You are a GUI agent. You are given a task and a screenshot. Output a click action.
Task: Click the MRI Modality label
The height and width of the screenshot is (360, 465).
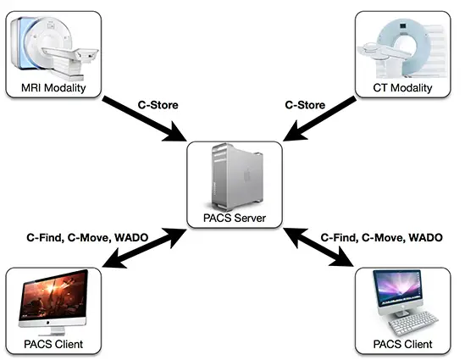click(x=53, y=88)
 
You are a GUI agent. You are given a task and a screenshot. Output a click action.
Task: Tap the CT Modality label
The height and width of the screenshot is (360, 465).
click(x=402, y=88)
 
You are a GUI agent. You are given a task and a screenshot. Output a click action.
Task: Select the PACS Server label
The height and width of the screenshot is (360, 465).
click(x=235, y=218)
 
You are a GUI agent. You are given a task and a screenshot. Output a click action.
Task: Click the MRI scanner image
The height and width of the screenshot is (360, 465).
click(x=54, y=47)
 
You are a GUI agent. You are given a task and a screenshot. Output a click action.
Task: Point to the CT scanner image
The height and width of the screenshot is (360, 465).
click(x=401, y=48)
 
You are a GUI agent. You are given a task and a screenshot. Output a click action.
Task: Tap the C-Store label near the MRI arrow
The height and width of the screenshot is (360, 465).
click(x=158, y=105)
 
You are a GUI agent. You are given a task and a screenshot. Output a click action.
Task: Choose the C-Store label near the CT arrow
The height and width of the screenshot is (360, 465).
click(x=305, y=105)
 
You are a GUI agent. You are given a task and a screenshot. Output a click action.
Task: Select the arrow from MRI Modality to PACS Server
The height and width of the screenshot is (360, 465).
click(x=144, y=119)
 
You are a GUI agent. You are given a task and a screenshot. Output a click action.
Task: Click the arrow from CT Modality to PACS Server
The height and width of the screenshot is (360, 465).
click(x=319, y=119)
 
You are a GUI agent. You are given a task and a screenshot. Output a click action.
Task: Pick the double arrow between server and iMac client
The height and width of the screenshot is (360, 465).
click(x=144, y=248)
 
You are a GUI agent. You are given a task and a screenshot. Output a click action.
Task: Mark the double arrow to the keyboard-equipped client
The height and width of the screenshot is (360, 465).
click(x=319, y=247)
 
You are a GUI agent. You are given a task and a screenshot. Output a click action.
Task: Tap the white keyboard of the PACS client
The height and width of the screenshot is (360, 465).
click(x=413, y=323)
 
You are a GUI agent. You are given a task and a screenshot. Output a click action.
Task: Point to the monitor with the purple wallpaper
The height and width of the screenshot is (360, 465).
click(x=398, y=288)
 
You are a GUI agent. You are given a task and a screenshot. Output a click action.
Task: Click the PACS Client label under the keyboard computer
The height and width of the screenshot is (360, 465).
click(x=402, y=344)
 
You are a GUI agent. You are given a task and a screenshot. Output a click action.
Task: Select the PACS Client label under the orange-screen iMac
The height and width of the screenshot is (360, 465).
click(x=53, y=344)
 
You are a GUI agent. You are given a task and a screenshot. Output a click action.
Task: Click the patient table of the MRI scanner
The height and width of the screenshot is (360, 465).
click(x=71, y=55)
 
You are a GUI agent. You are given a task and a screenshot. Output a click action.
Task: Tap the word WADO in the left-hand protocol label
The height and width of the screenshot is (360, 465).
click(x=131, y=237)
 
